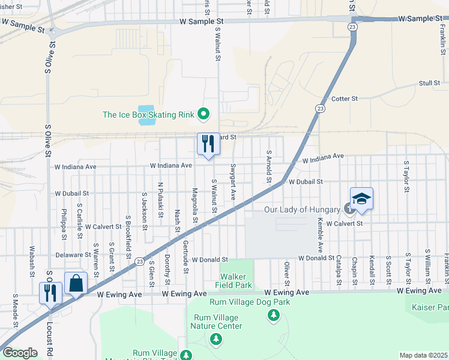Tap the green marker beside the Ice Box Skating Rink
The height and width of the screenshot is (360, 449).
click(x=203, y=113)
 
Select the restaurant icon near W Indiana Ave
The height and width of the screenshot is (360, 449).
click(x=208, y=144)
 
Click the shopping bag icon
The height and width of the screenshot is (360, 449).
click(x=77, y=283)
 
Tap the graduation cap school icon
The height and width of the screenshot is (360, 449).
click(x=362, y=199)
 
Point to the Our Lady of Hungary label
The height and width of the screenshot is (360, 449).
click(x=303, y=209)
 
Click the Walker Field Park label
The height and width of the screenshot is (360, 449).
click(x=235, y=281)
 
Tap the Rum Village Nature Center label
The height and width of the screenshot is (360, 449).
click(x=216, y=322)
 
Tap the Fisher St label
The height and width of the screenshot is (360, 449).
click(x=11, y=7)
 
